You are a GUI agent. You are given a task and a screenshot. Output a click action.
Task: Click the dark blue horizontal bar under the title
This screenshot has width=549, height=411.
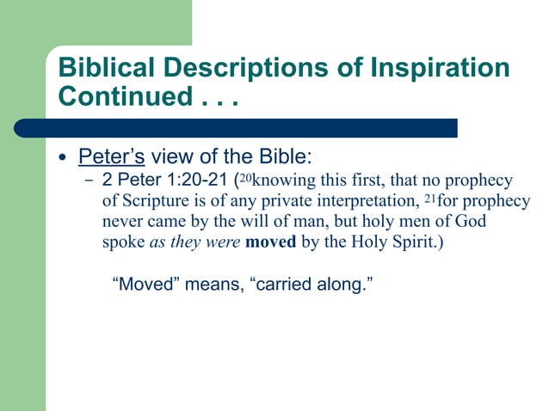[258, 127]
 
